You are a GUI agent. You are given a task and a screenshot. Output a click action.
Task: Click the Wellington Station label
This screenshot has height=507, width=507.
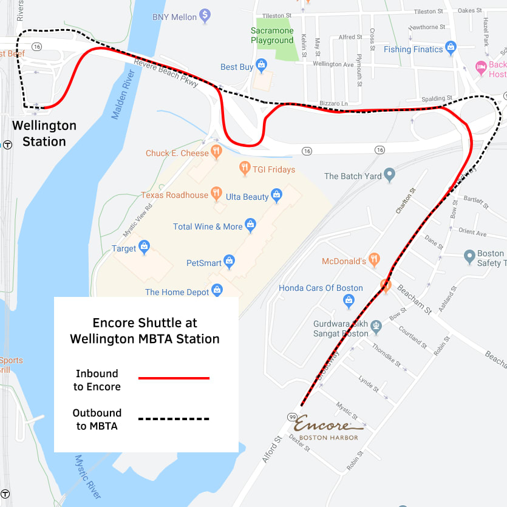pos(44,134)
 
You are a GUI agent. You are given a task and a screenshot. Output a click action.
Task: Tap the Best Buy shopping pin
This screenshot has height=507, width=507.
pos(261,65)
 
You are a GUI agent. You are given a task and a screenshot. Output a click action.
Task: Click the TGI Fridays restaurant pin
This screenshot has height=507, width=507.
pos(245,167)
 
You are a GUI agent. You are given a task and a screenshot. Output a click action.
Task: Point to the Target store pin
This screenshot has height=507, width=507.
pos(144,246)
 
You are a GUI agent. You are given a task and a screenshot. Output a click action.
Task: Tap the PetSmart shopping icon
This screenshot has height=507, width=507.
pos(229,261)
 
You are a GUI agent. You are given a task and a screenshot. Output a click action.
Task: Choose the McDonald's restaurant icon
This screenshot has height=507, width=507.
pos(374,259)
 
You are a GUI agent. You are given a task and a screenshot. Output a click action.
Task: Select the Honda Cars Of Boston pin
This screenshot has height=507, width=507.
pos(349,299)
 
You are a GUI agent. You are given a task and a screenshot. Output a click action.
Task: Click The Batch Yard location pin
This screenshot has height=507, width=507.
pos(390,175)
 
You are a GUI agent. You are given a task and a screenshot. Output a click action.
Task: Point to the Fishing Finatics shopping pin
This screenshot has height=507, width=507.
pos(451,47)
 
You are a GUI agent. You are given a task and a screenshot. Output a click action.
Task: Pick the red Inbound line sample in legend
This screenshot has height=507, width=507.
pos(174,378)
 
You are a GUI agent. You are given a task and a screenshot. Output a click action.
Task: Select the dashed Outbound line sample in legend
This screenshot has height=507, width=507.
pos(174,419)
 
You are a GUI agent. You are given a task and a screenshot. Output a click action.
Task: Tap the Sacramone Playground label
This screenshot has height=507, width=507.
pos(272,35)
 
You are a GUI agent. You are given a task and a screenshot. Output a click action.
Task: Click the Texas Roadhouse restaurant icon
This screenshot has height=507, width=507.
pos(216,194)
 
